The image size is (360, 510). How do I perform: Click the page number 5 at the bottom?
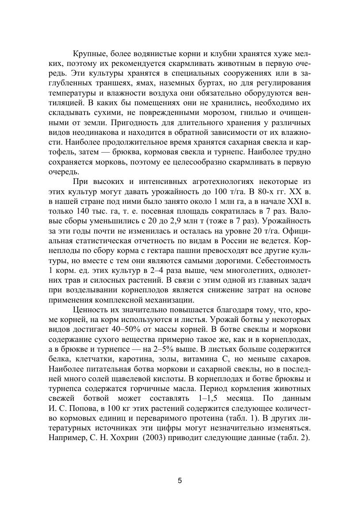pyautogui.click(x=180, y=481)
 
